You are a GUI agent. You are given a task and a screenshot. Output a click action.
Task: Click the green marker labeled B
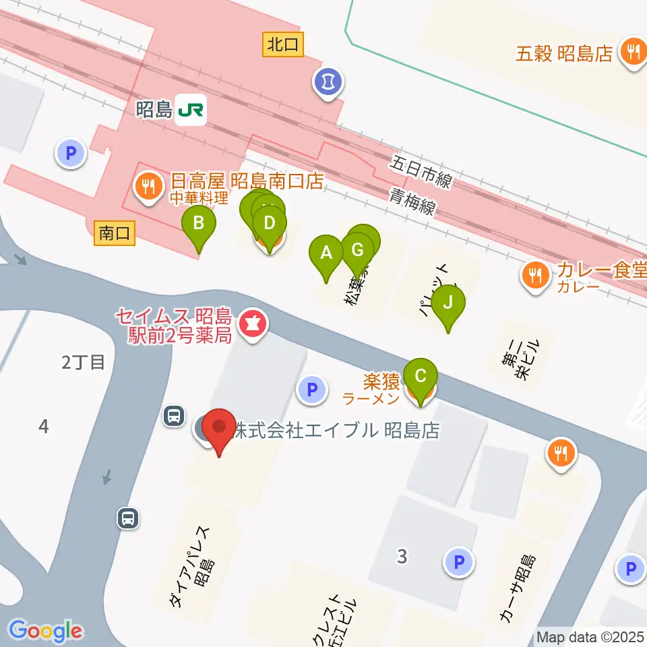click(199, 224)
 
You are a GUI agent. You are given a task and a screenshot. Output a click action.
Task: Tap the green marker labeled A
click(326, 254)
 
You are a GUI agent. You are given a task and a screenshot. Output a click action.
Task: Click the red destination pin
click(220, 428)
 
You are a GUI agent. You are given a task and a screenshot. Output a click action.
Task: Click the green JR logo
click(191, 110)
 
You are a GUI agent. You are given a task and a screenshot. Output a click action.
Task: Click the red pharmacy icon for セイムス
click(251, 324)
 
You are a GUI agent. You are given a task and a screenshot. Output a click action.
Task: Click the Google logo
click(45, 631)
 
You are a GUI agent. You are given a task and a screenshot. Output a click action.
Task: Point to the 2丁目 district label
click(84, 363)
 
